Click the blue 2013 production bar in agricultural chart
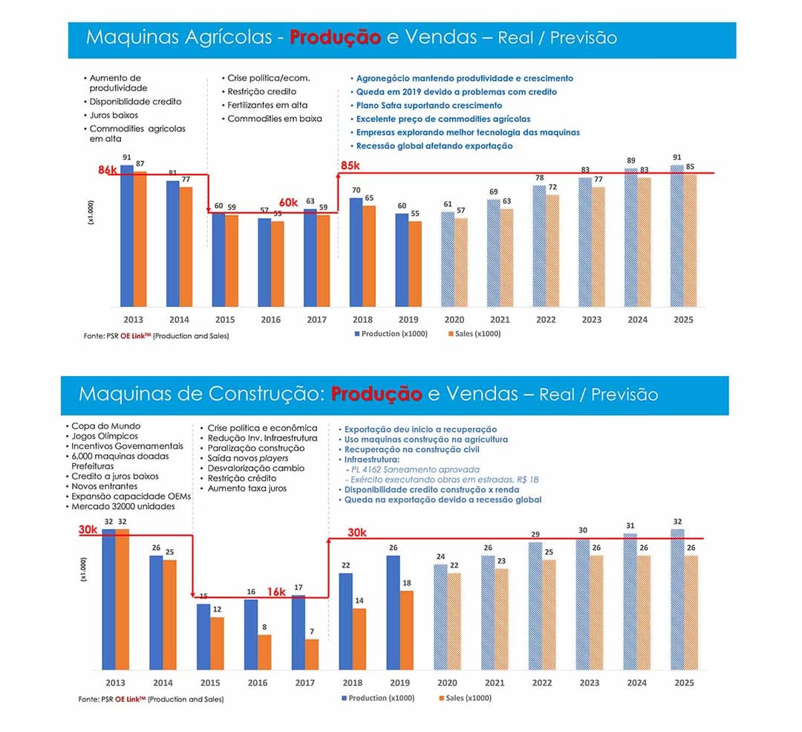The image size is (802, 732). (x=127, y=236)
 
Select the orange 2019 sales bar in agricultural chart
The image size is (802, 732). (x=415, y=264)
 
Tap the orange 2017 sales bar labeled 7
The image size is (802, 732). (x=312, y=654)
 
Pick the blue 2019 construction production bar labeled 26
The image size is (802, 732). (x=394, y=613)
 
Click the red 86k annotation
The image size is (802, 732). (x=108, y=170)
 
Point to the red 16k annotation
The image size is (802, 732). (x=276, y=592)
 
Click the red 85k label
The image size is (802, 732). (x=351, y=165)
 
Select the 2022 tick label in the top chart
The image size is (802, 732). (x=546, y=320)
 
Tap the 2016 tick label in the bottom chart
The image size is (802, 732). (x=258, y=682)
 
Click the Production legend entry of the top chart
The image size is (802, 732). (x=391, y=334)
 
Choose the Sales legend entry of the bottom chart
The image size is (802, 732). (x=466, y=698)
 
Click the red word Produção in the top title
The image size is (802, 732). (x=336, y=37)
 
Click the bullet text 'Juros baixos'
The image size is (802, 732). (x=114, y=115)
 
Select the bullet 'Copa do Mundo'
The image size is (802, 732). (x=106, y=426)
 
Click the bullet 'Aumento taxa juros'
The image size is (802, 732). (x=247, y=488)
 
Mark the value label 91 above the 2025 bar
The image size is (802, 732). (x=677, y=157)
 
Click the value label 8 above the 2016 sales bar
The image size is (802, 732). (x=264, y=626)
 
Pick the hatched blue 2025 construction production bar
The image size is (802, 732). (x=677, y=600)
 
